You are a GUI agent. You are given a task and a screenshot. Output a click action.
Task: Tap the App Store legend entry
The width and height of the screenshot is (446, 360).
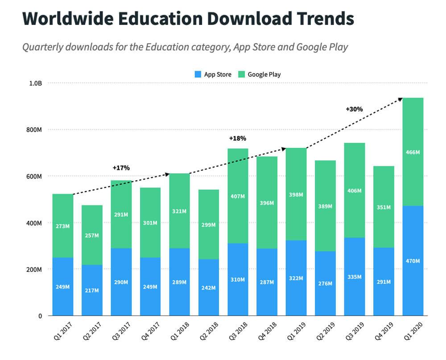pyautogui.click(x=213, y=74)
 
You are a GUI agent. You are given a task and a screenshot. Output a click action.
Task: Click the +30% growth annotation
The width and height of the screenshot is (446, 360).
pyautogui.click(x=354, y=109)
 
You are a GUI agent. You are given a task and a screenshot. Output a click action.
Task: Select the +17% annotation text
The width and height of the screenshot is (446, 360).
pyautogui.click(x=121, y=168)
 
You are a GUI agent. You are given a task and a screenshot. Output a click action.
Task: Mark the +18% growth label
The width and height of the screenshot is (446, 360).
pyautogui.click(x=237, y=139)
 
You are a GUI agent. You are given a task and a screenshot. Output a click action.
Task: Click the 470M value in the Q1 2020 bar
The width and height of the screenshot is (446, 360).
pyautogui.click(x=413, y=261)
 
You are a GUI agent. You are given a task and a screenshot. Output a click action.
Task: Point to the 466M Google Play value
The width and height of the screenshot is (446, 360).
pyautogui.click(x=413, y=152)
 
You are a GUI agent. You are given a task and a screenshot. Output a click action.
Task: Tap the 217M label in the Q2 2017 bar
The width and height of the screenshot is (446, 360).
pyautogui.click(x=92, y=290)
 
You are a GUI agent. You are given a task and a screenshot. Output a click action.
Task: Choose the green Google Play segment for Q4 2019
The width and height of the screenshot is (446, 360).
pyautogui.click(x=384, y=187)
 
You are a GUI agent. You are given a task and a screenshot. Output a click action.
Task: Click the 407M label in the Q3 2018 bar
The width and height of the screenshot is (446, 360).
pyautogui.click(x=238, y=196)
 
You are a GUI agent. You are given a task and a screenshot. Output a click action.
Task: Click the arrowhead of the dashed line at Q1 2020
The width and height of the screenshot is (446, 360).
pyautogui.click(x=401, y=99)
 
